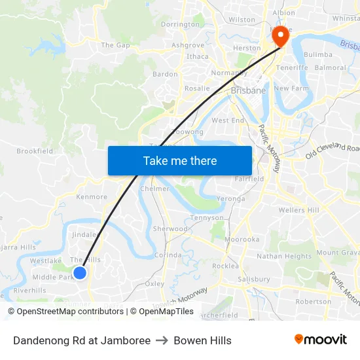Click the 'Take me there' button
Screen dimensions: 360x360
pos(180,160)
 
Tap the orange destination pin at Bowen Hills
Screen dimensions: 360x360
pos(281,36)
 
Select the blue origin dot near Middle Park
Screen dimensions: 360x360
pos(79,272)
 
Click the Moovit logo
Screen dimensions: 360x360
pos(320,340)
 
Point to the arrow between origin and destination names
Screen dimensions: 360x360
pos(162,340)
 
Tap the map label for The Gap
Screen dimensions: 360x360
pos(115,45)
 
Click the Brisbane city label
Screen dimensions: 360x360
pos(249,91)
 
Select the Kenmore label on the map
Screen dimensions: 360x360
pos(92,196)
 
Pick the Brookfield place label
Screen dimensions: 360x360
pos(35,151)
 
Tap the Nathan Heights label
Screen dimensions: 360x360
pos(284,256)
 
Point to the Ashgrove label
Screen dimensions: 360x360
pos(188,45)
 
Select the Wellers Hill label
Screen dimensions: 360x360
pos(298,210)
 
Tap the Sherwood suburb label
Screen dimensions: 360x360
pos(170,229)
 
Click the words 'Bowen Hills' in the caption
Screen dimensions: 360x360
pos(202,340)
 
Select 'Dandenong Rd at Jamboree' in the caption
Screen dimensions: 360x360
pos(82,340)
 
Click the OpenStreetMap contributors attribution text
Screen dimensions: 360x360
pos(67,312)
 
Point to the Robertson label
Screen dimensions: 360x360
pos(313,302)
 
